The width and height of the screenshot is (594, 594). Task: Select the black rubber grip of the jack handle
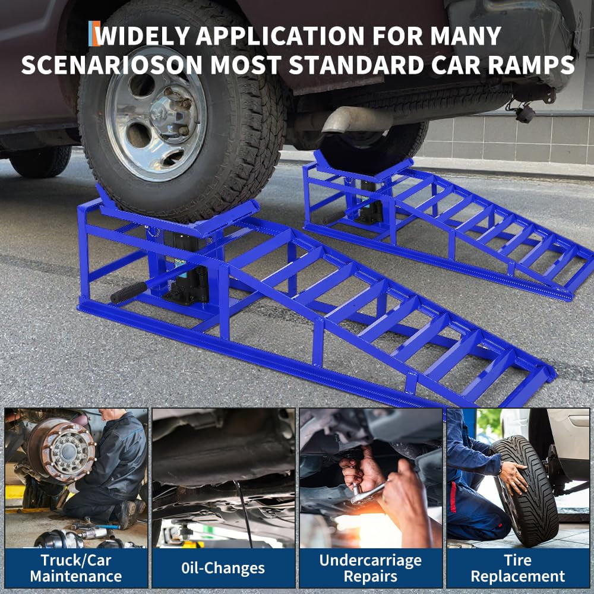pos(128,292)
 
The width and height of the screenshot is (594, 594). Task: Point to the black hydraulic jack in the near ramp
pos(188,267)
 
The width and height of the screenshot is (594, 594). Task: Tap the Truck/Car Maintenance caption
pos(75,568)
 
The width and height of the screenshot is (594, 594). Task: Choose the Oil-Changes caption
pos(223,568)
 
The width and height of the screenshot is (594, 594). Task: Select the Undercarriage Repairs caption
pos(370,568)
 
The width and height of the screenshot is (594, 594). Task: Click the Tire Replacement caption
pos(518,568)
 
